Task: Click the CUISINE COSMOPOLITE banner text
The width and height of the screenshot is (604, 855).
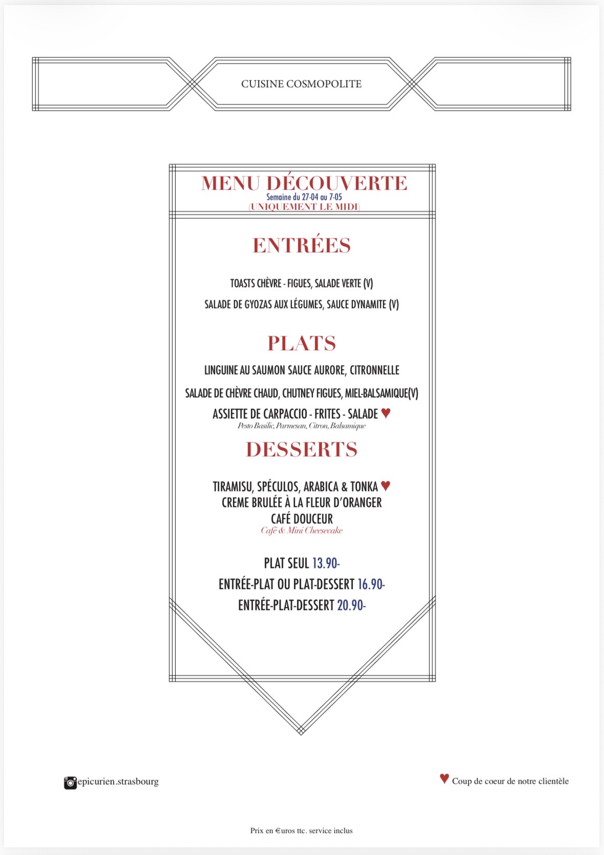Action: pyautogui.click(x=301, y=84)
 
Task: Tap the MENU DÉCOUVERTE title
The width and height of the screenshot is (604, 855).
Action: pyautogui.click(x=304, y=183)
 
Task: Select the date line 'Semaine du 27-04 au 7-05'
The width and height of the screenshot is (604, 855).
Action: pyautogui.click(x=304, y=197)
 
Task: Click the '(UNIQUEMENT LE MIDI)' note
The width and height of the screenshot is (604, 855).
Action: pyautogui.click(x=304, y=207)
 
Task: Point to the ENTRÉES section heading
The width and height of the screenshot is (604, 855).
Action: pyautogui.click(x=301, y=246)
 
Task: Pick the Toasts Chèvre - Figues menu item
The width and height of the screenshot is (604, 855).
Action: pyautogui.click(x=301, y=283)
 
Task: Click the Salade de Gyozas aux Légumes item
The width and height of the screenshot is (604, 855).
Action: pyautogui.click(x=301, y=304)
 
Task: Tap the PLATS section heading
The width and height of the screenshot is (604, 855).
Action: pyautogui.click(x=301, y=343)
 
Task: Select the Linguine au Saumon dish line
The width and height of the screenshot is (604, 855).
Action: pyautogui.click(x=302, y=370)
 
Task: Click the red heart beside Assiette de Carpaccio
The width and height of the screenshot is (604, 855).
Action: pyautogui.click(x=386, y=413)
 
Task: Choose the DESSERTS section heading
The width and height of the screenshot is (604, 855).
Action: pyautogui.click(x=301, y=449)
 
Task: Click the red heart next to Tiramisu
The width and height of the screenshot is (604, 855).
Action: pyautogui.click(x=386, y=485)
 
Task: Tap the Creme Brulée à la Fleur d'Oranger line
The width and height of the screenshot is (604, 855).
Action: pyautogui.click(x=302, y=503)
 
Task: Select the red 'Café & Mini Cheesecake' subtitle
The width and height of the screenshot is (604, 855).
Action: pyautogui.click(x=301, y=531)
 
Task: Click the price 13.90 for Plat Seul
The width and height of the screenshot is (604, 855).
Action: pyautogui.click(x=326, y=563)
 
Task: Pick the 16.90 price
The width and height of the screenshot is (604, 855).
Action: pyautogui.click(x=371, y=584)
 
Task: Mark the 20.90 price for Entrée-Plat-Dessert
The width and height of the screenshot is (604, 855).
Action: pyautogui.click(x=351, y=605)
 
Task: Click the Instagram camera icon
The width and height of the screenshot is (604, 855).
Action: pyautogui.click(x=70, y=783)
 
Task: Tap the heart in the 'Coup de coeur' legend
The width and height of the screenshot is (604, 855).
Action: pyautogui.click(x=444, y=778)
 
